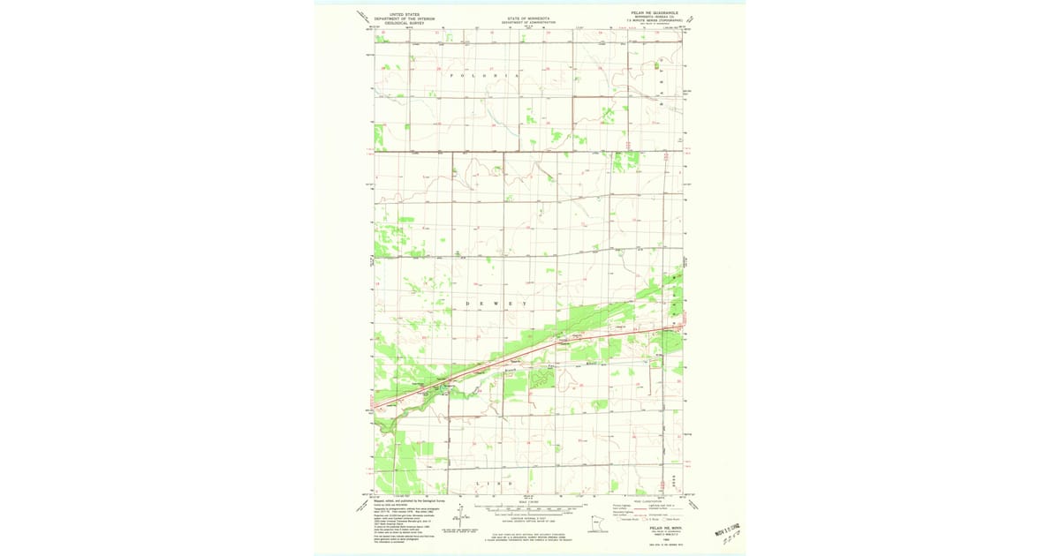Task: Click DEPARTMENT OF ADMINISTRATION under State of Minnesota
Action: (x=528, y=22)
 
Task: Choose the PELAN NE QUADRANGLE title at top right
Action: (x=655, y=13)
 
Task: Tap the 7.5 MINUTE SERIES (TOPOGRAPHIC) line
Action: (x=655, y=20)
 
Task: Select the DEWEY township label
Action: (x=496, y=304)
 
